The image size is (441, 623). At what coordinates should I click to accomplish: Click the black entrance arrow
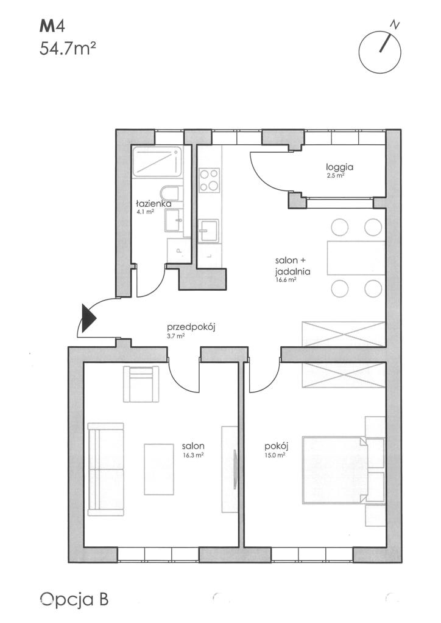click(x=88, y=318)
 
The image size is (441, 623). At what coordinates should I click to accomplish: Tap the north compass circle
click(x=379, y=52)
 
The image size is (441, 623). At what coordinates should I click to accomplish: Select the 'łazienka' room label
click(x=154, y=204)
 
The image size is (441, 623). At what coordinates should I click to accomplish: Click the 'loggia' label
click(x=340, y=167)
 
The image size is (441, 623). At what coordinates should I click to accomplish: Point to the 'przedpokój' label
click(x=191, y=328)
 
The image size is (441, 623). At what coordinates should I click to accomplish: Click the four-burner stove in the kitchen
click(x=210, y=180)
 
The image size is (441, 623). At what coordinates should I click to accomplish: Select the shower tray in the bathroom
click(x=157, y=161)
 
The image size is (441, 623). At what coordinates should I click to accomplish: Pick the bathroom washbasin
click(x=174, y=220)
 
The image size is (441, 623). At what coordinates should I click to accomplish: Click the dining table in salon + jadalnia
click(x=356, y=258)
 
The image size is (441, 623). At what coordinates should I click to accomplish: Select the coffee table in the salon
click(x=159, y=469)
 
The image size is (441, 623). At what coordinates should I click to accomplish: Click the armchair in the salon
click(x=141, y=384)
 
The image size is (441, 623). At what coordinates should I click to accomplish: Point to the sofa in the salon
click(x=106, y=469)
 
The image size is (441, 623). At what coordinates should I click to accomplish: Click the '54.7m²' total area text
click(x=68, y=49)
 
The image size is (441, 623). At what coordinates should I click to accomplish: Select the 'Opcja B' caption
click(x=74, y=599)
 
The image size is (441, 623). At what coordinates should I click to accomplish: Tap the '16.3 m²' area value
click(x=193, y=456)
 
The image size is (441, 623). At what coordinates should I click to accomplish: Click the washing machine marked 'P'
click(x=178, y=250)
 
